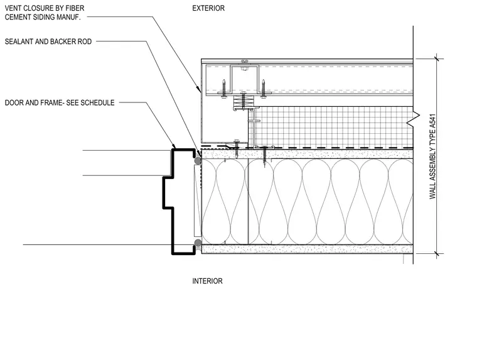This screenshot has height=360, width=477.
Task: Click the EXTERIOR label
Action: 208,8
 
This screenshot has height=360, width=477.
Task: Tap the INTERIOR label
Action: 207,281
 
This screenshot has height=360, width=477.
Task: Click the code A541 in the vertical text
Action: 432,123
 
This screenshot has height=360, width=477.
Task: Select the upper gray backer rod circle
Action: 198,160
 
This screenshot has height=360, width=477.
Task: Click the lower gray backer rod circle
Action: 198,243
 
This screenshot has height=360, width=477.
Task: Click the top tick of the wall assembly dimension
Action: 437,58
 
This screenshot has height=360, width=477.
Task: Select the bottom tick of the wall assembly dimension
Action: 437,253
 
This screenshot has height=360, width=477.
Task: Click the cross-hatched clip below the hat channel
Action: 243,100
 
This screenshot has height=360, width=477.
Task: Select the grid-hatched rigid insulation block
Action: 333,127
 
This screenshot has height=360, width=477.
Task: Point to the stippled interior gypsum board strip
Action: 308,249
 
